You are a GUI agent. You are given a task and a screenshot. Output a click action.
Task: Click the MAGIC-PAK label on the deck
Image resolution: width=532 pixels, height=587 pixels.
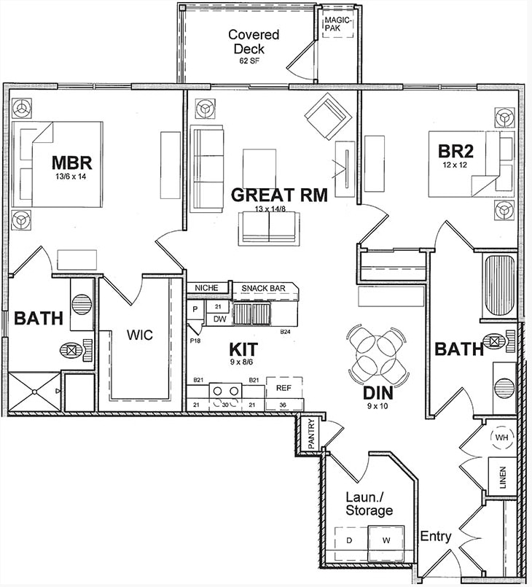(x=338, y=23)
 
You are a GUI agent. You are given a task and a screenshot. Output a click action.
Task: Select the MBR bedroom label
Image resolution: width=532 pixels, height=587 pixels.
(x=71, y=161)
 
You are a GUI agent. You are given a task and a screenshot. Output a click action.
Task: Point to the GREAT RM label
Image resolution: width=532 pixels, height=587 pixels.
(x=278, y=195)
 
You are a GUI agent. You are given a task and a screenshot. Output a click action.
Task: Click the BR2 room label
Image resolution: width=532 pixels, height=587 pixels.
(x=455, y=152)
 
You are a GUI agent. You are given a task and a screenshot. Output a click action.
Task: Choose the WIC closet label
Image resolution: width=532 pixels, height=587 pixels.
(x=140, y=336)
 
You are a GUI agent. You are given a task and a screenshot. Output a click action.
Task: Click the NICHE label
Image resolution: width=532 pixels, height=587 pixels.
(x=207, y=288)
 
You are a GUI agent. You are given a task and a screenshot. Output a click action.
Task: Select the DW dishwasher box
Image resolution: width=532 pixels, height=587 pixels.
(x=219, y=319)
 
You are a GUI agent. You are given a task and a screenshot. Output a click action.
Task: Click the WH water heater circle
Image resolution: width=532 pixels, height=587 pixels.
(x=501, y=438)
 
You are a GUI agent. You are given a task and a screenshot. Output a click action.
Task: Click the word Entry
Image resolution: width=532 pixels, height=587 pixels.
(x=436, y=537)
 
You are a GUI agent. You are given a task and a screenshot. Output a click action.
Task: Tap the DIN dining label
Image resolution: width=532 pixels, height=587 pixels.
(x=380, y=393)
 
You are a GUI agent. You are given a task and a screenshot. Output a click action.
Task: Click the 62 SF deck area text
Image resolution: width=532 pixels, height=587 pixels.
(x=249, y=61)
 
